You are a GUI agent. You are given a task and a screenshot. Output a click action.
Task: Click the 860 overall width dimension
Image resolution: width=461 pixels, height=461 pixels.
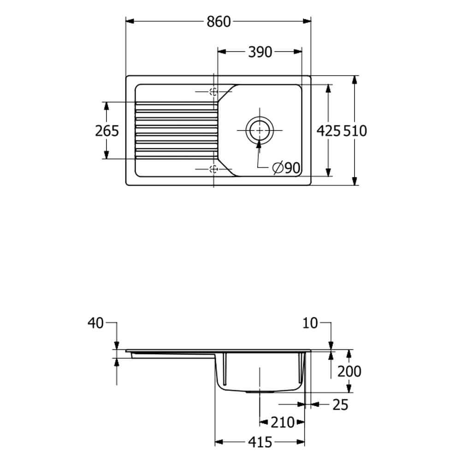[219, 22]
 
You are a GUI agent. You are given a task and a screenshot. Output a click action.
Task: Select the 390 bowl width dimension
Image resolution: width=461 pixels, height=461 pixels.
[260, 52]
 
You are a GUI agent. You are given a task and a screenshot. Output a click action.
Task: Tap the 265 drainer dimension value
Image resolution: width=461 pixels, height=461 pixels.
[107, 131]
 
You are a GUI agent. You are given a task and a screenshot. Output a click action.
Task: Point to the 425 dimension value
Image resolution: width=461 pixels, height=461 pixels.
[328, 131]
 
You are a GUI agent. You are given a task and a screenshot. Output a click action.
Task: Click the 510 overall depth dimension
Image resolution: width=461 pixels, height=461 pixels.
[355, 131]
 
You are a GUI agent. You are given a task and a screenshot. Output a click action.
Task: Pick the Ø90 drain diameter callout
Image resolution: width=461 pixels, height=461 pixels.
[286, 168]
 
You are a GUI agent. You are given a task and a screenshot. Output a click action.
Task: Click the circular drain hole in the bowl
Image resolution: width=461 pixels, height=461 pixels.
[260, 130]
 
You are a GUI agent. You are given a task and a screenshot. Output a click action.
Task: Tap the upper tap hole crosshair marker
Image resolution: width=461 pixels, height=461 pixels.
[213, 92]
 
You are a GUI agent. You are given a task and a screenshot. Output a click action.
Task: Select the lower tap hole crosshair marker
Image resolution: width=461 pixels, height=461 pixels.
[213, 169]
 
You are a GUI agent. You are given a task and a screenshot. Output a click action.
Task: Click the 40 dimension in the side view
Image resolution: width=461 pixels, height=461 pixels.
[95, 323]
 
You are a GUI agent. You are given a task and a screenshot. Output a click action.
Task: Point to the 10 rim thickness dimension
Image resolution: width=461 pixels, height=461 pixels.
[310, 323]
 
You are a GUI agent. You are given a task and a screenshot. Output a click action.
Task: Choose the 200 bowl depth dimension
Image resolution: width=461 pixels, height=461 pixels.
[349, 371]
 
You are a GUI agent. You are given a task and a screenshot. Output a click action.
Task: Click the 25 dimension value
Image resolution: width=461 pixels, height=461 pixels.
[340, 405]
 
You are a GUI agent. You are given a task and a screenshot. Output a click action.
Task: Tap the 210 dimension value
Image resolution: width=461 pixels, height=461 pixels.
[282, 422]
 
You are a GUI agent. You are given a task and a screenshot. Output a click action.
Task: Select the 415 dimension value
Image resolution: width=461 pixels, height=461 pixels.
[260, 442]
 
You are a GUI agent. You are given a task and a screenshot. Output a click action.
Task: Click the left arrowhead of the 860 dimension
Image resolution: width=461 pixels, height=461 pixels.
[130, 21]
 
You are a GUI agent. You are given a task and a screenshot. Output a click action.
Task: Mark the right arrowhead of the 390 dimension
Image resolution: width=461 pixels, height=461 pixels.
[298, 52]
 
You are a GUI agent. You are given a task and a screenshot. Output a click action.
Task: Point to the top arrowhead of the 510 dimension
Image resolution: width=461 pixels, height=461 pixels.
[355, 80]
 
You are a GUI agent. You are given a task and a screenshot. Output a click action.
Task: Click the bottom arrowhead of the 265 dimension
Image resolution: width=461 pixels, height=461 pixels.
[106, 154]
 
